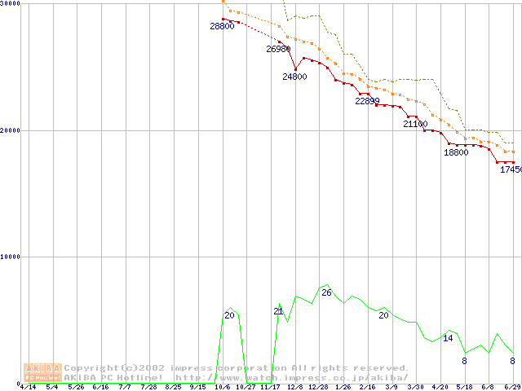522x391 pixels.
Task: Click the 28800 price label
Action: tap(222, 27)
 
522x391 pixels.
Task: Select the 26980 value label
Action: tap(278, 50)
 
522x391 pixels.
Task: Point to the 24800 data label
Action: tap(294, 77)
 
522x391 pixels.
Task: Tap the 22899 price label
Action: tap(367, 102)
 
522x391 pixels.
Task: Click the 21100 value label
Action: tap(415, 125)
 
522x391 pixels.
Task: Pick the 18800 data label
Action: tap(456, 152)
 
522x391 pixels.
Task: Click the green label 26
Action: tap(326, 292)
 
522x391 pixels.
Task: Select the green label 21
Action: tap(278, 312)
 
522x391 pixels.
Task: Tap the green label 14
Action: tap(448, 338)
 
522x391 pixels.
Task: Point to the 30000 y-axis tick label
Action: tap(11, 4)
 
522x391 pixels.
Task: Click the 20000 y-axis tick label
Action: tap(11, 130)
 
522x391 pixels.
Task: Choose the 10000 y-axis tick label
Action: tap(11, 257)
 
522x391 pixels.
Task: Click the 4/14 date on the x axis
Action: tap(28, 387)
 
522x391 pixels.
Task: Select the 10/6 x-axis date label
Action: tap(222, 387)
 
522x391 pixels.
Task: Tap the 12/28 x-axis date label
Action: tap(318, 387)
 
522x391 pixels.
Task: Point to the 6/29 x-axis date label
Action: tap(512, 387)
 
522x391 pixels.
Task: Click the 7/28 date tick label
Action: tap(148, 387)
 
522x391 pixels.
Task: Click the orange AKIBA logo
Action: tap(42, 372)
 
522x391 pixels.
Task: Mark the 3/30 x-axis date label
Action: tap(415, 387)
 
